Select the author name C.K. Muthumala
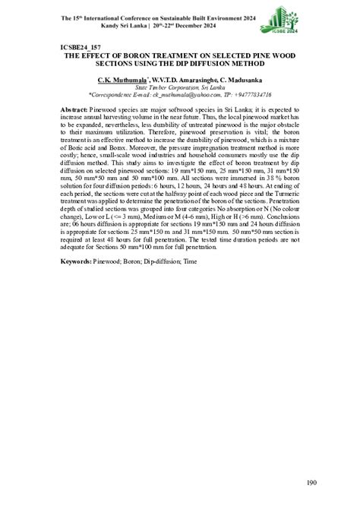point(123,79)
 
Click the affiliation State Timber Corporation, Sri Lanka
point(180,88)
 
